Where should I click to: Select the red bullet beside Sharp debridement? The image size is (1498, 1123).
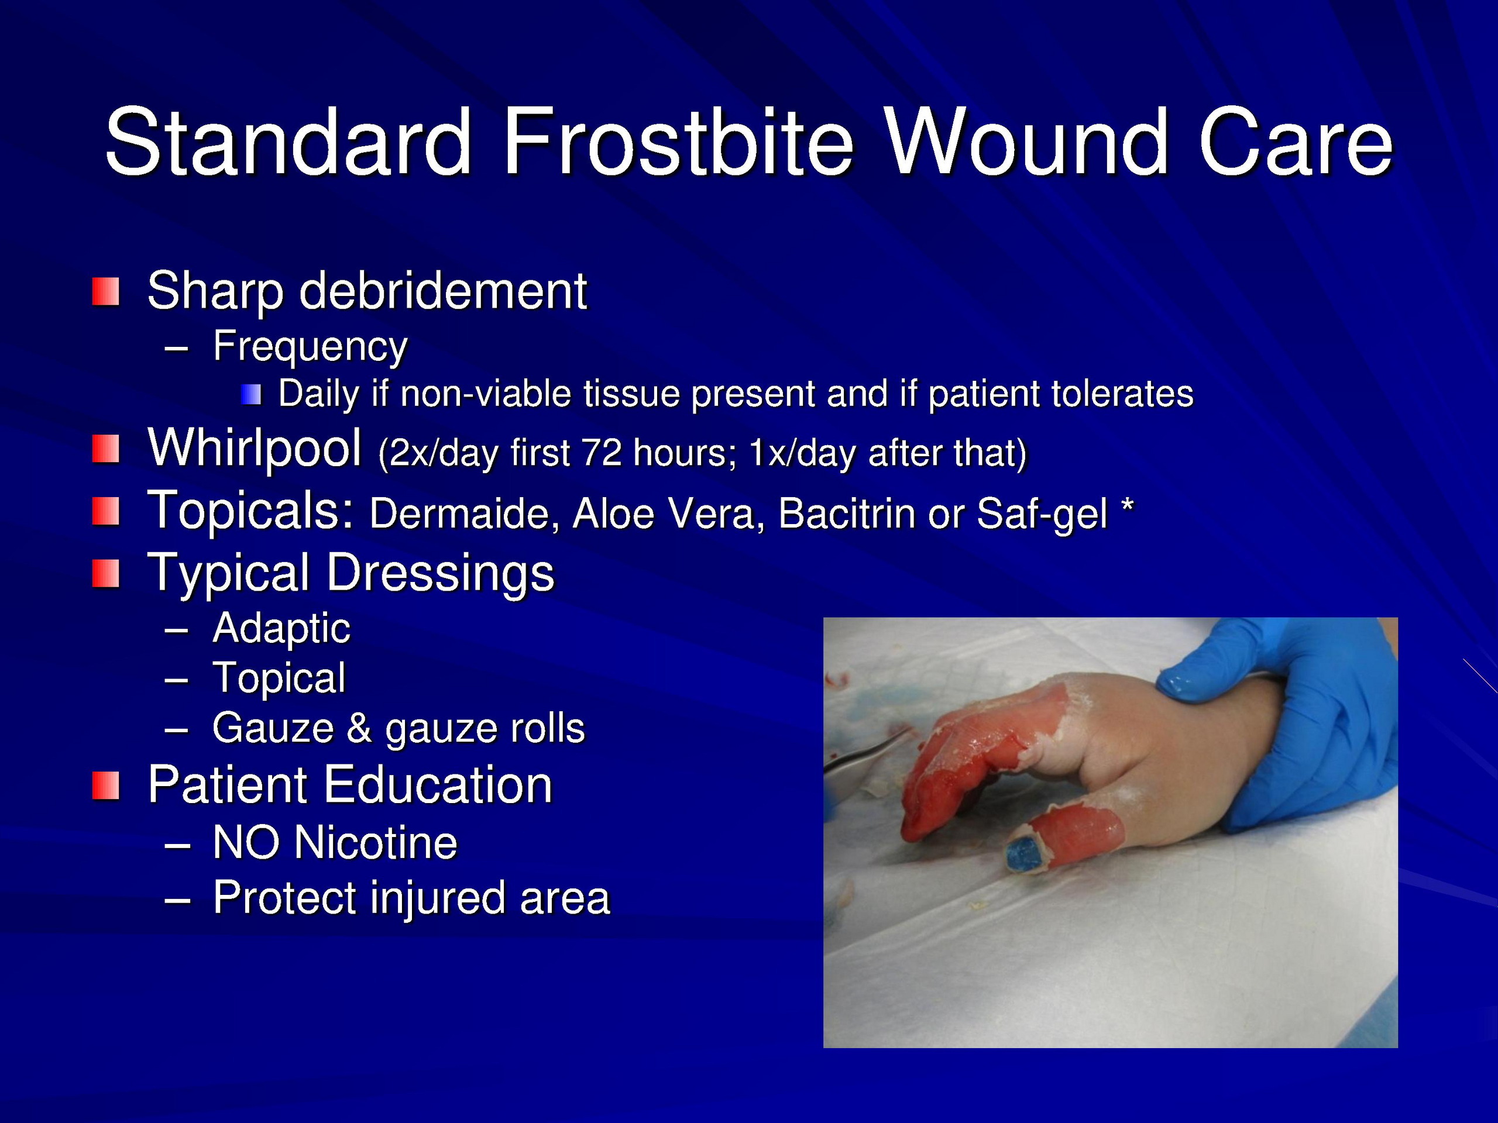pos(106,292)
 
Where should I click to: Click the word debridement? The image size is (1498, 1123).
pos(443,291)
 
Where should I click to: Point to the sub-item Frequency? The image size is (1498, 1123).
pos(310,347)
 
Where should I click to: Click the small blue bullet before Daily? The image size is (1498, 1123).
pos(251,395)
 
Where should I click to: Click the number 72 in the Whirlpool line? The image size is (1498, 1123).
pos(602,453)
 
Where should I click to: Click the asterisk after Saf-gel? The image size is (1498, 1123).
pos(1127,507)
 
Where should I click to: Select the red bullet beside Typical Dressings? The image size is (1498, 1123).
pos(106,574)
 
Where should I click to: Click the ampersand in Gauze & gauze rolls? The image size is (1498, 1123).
pos(359,728)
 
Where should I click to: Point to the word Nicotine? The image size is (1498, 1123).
pos(376,843)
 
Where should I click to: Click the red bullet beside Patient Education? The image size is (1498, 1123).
pos(106,786)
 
